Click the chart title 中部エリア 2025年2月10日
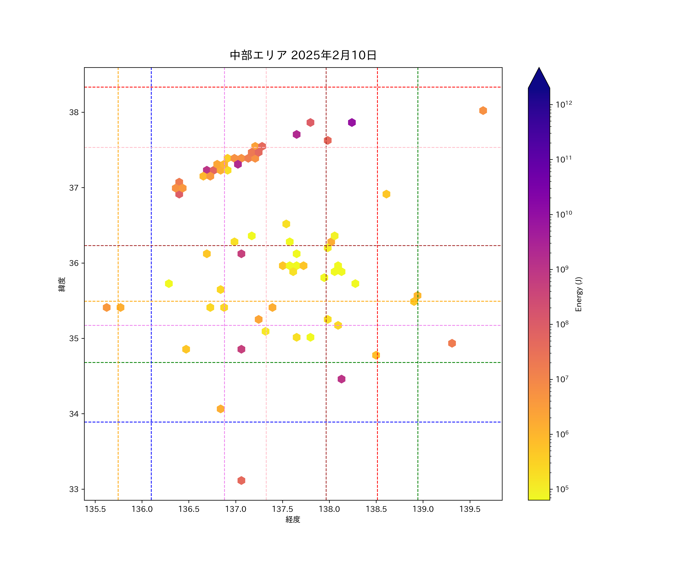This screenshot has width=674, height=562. coord(303,55)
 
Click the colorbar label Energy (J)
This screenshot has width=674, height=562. coord(578,294)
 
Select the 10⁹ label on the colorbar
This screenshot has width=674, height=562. coord(562,269)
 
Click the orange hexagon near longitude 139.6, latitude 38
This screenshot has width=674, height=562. coord(483,111)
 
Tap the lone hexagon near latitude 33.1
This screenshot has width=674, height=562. coord(241,481)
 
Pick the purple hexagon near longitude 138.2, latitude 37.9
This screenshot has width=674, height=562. coord(352,122)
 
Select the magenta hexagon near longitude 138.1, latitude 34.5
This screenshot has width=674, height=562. coord(341,379)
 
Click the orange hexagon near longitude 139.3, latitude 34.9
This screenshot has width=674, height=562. coord(452,343)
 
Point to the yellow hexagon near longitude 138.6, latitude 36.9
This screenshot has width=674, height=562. coord(386,194)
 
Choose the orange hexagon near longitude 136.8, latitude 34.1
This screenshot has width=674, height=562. coord(221,409)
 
